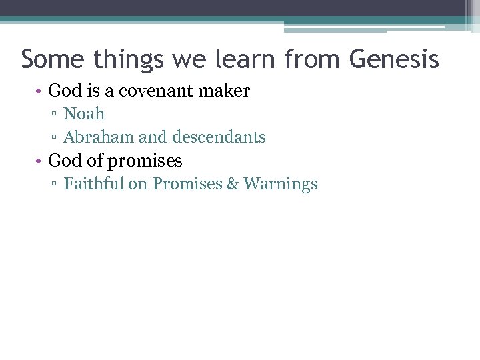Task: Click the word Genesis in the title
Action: [393, 59]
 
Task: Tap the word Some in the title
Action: [53, 59]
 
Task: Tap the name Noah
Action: [84, 114]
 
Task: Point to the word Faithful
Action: [93, 184]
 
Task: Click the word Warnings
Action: [281, 184]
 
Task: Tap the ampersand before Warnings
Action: [233, 184]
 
